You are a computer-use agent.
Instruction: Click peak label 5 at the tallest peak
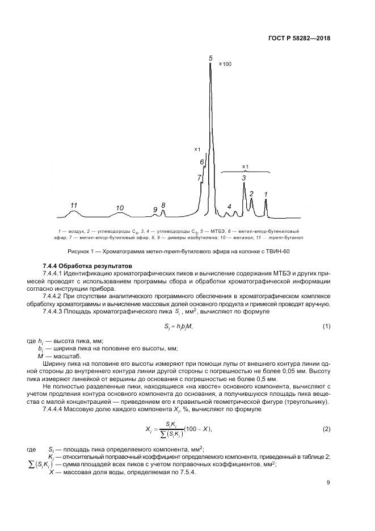[210, 58]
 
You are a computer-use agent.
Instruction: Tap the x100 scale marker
[225, 64]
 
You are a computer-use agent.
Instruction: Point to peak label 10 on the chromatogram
[120, 208]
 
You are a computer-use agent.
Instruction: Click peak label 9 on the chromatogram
[155, 210]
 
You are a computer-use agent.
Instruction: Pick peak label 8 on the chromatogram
[163, 204]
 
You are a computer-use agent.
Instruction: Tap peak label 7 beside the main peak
[199, 178]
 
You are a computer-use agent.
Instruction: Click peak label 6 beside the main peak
[202, 162]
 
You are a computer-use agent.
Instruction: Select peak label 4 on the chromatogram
[229, 206]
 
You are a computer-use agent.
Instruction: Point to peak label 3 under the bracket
[244, 178]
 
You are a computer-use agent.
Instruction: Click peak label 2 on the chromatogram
[251, 193]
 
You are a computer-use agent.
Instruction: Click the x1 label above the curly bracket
[245, 166]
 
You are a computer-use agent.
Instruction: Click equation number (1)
[326, 325]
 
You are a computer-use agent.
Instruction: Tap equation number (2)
[326, 429]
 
